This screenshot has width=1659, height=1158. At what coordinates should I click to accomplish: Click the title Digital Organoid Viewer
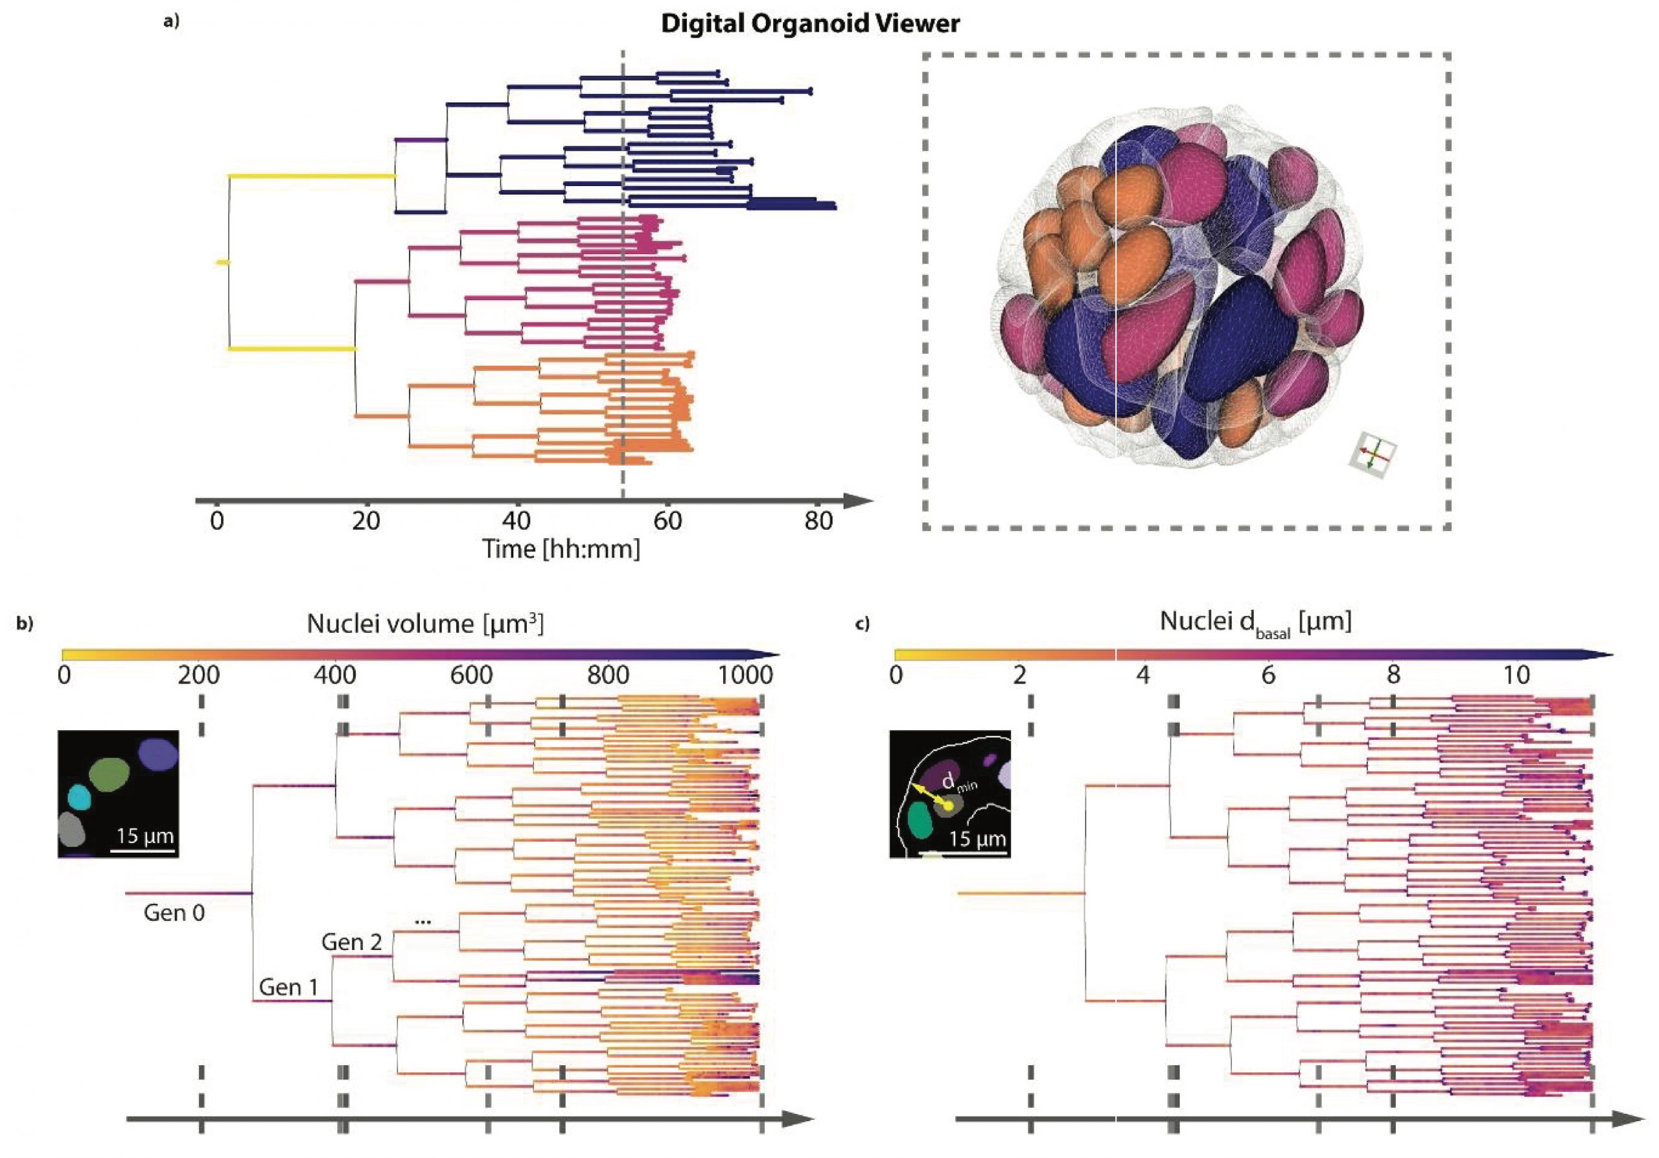click(x=810, y=24)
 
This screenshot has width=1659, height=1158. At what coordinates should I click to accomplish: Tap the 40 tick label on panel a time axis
click(x=516, y=521)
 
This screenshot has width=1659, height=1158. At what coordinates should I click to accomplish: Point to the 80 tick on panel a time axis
click(x=818, y=521)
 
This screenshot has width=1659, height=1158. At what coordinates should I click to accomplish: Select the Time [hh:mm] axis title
click(x=561, y=549)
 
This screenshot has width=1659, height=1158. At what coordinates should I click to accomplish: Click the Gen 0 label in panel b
click(x=174, y=913)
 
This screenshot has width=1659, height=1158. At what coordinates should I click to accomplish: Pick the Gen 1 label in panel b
click(x=288, y=987)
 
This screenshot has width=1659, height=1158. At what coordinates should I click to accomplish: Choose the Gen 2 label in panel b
click(x=351, y=942)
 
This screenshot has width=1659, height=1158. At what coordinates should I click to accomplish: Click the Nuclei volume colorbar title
click(x=425, y=623)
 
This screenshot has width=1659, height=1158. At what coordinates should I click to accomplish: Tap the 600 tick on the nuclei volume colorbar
click(x=471, y=675)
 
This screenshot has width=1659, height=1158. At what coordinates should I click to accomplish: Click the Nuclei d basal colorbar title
click(x=1255, y=622)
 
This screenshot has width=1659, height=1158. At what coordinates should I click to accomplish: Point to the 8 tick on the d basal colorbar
click(x=1393, y=675)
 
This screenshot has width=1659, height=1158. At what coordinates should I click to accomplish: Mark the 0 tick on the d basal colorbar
click(x=896, y=675)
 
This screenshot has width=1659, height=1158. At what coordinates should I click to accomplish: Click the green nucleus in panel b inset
click(x=110, y=775)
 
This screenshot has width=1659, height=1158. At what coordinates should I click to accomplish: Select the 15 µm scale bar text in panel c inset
click(x=977, y=839)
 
